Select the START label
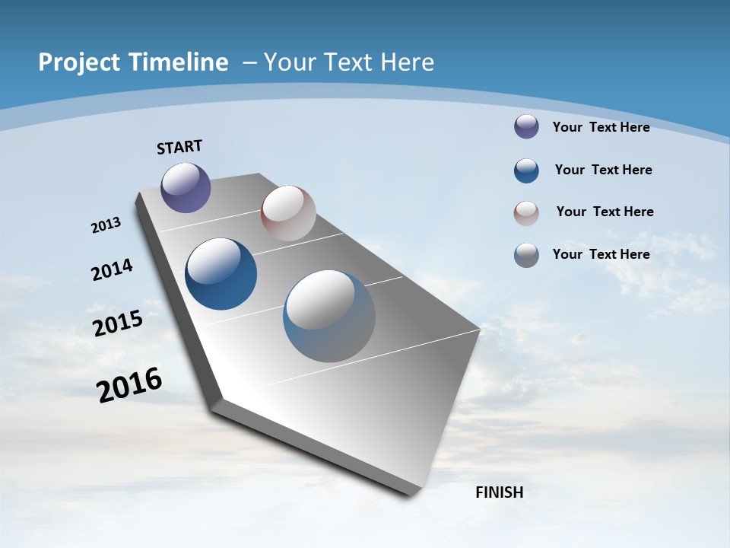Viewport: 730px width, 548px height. pyautogui.click(x=179, y=147)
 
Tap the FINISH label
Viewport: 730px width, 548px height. pyautogui.click(x=500, y=492)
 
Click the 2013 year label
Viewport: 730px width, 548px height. pyautogui.click(x=106, y=225)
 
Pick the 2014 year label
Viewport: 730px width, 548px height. pyautogui.click(x=112, y=270)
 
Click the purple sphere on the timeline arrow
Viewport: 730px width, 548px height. pyautogui.click(x=186, y=187)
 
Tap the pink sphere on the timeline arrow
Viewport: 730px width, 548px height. pyautogui.click(x=288, y=213)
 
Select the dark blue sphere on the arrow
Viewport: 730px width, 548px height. pyautogui.click(x=221, y=274)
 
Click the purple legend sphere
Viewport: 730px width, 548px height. pyautogui.click(x=526, y=126)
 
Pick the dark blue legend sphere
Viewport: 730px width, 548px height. pyautogui.click(x=526, y=170)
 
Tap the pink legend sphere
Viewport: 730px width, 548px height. pyautogui.click(x=526, y=213)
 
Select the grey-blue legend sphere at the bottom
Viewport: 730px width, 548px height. pyautogui.click(x=526, y=255)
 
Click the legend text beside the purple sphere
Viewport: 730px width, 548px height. pyautogui.click(x=601, y=127)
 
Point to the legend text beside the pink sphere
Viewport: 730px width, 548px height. pyautogui.click(x=605, y=212)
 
